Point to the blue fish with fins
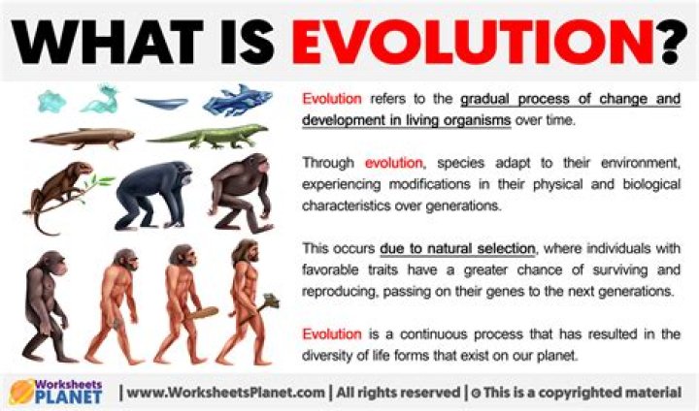[x=234, y=100]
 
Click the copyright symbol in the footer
[x=476, y=393]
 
